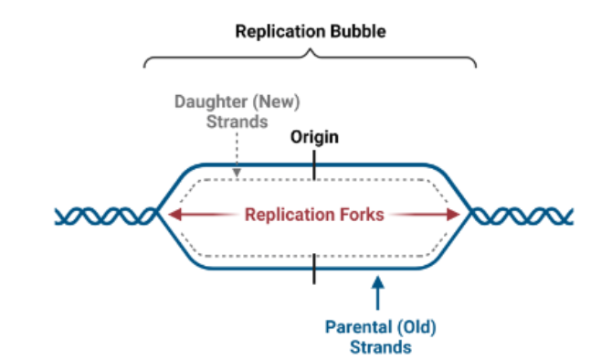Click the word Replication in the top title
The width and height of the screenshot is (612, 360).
click(277, 31)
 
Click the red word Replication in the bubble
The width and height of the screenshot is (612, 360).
click(287, 216)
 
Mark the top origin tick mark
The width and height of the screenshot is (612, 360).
click(314, 165)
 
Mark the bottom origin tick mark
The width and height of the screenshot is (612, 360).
click(314, 269)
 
